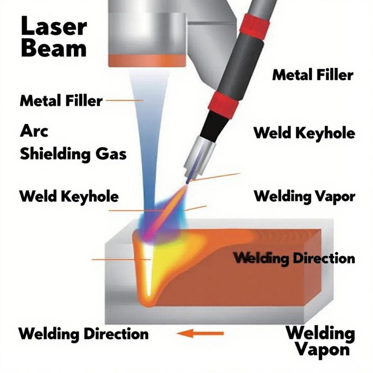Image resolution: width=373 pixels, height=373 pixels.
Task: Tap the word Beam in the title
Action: tap(54, 48)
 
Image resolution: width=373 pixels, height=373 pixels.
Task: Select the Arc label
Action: tap(34, 131)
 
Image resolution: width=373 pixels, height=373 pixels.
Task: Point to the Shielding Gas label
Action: tap(73, 154)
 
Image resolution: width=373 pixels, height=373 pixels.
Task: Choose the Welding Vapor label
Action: tap(304, 196)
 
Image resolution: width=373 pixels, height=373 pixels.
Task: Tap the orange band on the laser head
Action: tap(147, 60)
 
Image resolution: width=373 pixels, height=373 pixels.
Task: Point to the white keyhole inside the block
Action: tap(149, 270)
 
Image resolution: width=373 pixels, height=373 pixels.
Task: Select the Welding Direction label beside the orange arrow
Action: tap(83, 334)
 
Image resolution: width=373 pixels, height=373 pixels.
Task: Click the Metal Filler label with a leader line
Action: tap(61, 100)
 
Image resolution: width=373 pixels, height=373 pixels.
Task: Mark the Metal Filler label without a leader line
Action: tap(313, 75)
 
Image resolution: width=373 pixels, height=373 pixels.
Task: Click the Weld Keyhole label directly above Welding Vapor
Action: tap(304, 133)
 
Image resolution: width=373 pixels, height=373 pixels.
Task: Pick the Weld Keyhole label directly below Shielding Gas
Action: tap(69, 196)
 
